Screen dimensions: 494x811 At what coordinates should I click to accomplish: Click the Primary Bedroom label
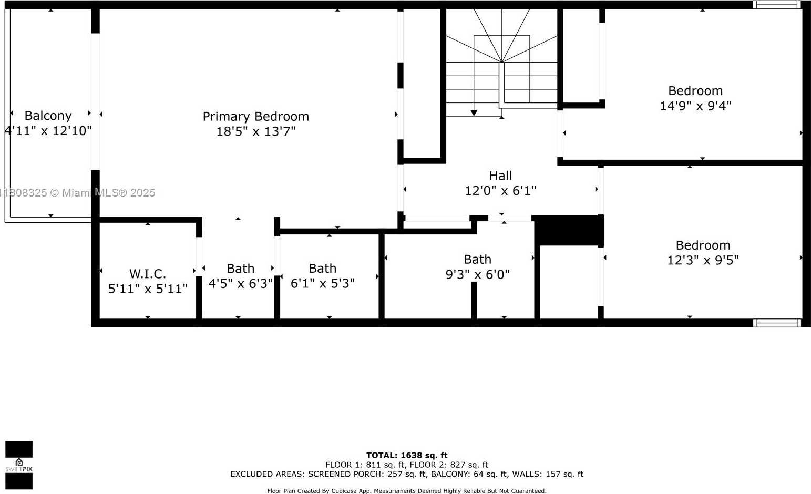pos(255,116)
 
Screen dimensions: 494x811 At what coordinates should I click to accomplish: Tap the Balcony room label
pos(48,116)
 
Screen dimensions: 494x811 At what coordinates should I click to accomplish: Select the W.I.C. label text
pos(148,273)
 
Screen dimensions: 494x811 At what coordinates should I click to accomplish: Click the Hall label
pos(500,176)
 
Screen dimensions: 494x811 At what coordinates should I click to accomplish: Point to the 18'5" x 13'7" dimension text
pos(255,131)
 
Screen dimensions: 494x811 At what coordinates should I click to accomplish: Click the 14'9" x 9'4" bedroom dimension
pos(695,106)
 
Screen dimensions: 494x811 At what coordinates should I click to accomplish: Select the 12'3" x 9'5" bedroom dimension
pos(703,260)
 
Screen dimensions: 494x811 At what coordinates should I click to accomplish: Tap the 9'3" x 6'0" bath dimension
pos(477,274)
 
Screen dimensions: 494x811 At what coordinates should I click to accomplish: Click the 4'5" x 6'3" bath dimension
pos(240,284)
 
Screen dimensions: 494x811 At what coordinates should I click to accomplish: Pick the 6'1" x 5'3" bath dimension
pos(322,283)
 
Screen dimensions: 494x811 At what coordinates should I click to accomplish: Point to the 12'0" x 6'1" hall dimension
pos(500,191)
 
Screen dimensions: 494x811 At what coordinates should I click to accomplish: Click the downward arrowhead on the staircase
pos(474,113)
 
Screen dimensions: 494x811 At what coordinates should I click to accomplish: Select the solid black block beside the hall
pos(569,230)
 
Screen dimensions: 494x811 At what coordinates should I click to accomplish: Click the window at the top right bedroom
pos(776,5)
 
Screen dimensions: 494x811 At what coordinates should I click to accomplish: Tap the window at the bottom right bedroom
pos(777,323)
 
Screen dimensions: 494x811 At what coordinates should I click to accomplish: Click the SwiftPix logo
pos(19,465)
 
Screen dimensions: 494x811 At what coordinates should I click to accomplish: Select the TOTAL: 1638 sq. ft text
pos(407,455)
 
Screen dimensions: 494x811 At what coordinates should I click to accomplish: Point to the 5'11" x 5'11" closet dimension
pos(148,289)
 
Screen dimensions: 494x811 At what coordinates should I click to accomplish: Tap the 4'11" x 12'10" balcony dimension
pos(48,131)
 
